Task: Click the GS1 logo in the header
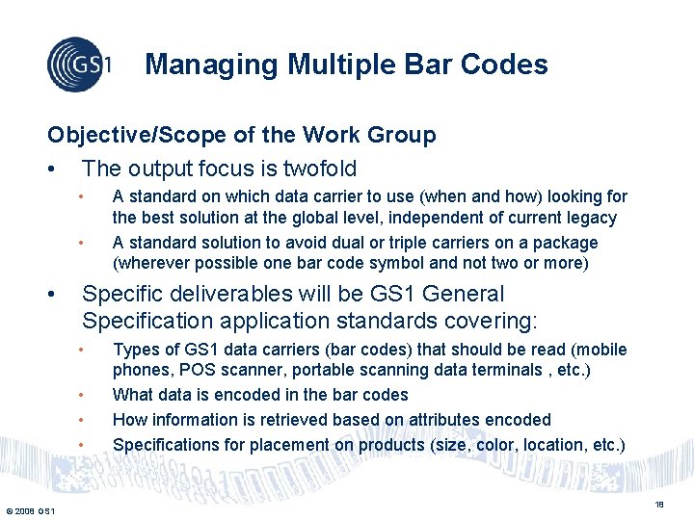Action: (79, 64)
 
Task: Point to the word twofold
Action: (318, 169)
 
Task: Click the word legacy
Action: (592, 219)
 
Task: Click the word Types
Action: (135, 350)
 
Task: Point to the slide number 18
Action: (660, 504)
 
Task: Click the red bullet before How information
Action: (85, 420)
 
